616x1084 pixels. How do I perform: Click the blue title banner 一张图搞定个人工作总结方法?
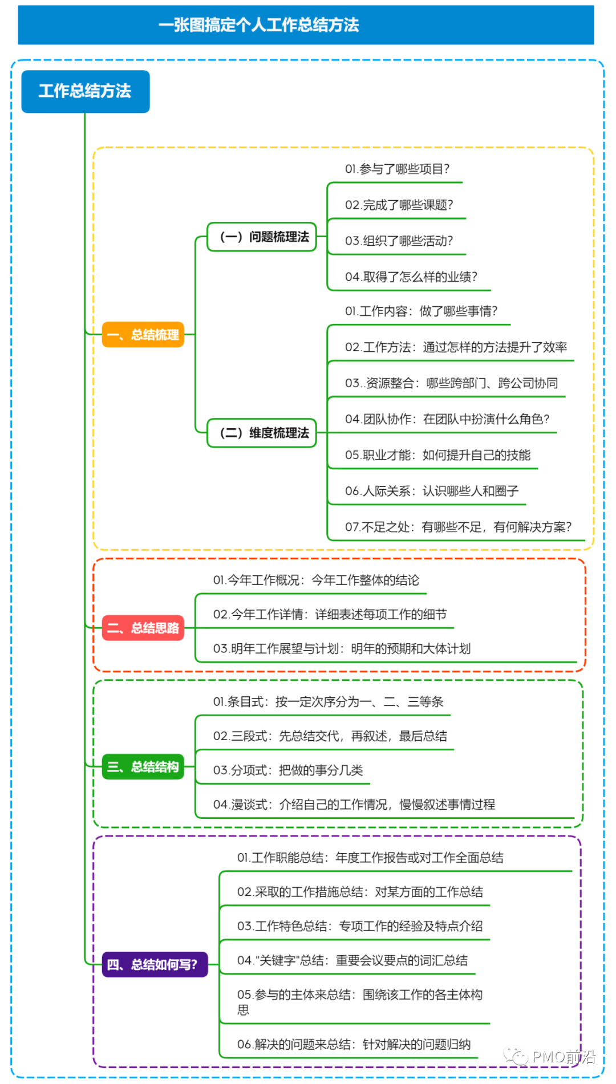click(306, 25)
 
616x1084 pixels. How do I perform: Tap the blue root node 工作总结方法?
click(86, 91)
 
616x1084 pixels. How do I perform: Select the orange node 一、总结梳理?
click(143, 335)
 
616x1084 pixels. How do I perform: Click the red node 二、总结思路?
click(143, 628)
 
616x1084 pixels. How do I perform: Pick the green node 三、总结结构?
click(143, 767)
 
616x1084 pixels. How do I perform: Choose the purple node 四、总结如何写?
click(154, 964)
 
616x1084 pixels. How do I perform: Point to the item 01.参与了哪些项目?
click(397, 169)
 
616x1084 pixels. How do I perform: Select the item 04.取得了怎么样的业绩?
click(411, 277)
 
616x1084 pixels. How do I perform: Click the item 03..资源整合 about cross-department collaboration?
click(451, 383)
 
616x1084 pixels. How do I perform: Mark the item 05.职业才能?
click(437, 455)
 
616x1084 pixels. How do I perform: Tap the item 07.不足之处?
click(458, 527)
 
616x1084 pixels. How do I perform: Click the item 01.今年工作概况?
click(316, 580)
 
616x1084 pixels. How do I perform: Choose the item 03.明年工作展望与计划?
click(342, 649)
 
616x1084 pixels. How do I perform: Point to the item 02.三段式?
click(330, 736)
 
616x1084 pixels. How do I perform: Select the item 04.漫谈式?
click(354, 805)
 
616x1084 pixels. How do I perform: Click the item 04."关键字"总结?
click(352, 961)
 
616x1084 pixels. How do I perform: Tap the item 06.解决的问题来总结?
click(354, 1045)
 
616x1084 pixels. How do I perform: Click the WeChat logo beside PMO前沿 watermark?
click(516, 1057)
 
